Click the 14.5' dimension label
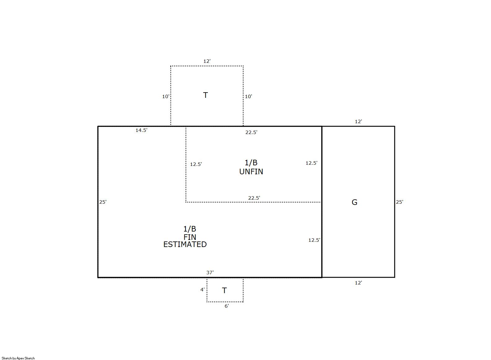tap(141, 130)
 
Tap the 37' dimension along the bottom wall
tap(210, 272)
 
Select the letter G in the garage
tap(354, 202)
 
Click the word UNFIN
tap(251, 172)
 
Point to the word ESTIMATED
tap(185, 244)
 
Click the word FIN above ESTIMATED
tap(190, 237)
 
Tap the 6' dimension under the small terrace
tap(227, 306)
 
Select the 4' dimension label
tap(202, 289)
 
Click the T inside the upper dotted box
tap(205, 95)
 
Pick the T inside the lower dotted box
tap(224, 290)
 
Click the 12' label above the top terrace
tap(207, 61)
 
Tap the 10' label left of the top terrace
tap(166, 96)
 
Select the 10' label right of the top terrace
tap(248, 96)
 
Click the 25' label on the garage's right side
tap(399, 202)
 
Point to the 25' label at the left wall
tap(103, 202)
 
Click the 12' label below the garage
tap(358, 283)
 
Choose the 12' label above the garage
tap(358, 122)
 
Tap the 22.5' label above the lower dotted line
tap(254, 198)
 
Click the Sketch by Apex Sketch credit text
tap(18, 358)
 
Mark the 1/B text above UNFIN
tap(251, 163)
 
